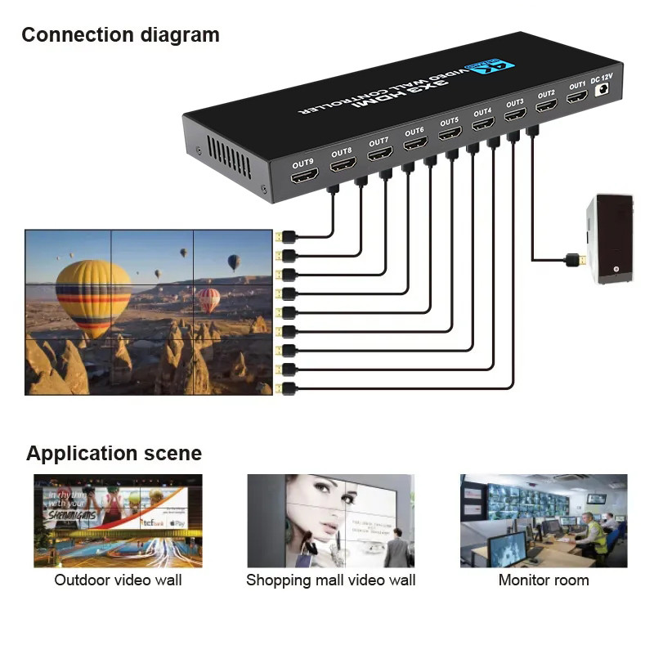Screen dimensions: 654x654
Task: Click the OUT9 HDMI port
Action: (x=304, y=176)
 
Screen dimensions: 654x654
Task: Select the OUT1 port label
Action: (x=577, y=85)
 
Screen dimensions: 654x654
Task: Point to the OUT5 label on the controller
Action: (x=449, y=122)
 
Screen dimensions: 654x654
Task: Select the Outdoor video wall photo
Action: (x=118, y=521)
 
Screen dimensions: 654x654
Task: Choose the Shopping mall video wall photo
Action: (x=331, y=521)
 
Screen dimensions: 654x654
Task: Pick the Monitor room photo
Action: (x=544, y=521)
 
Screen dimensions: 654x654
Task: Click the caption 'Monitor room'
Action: (x=544, y=580)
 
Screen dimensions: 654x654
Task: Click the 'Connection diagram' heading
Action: (x=120, y=35)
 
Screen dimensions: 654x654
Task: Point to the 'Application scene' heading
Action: (x=114, y=454)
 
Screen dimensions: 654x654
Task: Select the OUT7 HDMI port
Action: (x=379, y=153)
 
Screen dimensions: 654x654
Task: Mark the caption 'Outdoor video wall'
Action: (x=118, y=580)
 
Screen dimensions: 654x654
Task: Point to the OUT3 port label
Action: (x=514, y=104)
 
